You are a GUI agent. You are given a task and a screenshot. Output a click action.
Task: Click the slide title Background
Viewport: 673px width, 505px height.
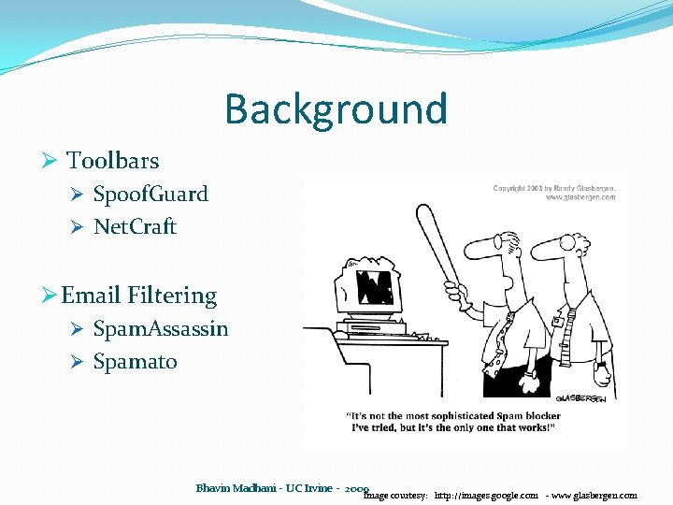pyautogui.click(x=336, y=109)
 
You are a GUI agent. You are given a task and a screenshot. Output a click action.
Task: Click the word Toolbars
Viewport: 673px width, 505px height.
pyautogui.click(x=112, y=161)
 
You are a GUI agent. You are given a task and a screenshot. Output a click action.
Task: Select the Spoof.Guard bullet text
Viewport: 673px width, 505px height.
pyautogui.click(x=150, y=195)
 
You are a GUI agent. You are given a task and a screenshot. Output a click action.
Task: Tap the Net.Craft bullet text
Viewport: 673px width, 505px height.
pyautogui.click(x=135, y=227)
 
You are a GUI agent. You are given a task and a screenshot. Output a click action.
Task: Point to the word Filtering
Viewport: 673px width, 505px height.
pyautogui.click(x=171, y=296)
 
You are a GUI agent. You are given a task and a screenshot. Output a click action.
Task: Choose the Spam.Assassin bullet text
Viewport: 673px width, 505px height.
pyautogui.click(x=161, y=329)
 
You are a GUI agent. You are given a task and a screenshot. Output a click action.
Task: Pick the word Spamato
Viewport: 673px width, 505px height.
pyautogui.click(x=135, y=362)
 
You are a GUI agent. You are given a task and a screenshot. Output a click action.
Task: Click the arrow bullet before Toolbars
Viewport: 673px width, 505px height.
pyautogui.click(x=51, y=161)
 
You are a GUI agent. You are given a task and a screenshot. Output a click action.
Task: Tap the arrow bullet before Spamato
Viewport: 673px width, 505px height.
pyautogui.click(x=79, y=362)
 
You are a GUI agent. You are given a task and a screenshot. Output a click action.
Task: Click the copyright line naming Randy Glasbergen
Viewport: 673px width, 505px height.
pyautogui.click(x=553, y=189)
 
